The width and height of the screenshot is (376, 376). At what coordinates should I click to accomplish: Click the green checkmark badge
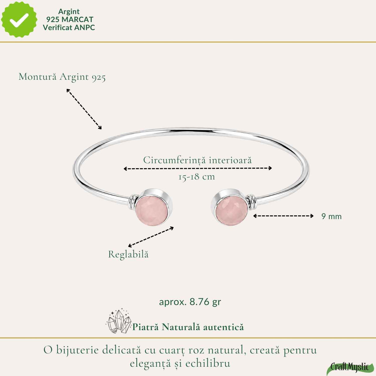click(x=19, y=20)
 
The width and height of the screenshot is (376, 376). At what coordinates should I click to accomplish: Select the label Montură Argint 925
click(x=62, y=77)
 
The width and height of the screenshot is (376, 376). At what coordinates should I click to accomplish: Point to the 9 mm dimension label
click(x=331, y=216)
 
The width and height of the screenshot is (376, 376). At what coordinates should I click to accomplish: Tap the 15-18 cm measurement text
click(x=196, y=177)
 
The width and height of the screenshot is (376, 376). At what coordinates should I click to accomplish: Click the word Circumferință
click(x=175, y=160)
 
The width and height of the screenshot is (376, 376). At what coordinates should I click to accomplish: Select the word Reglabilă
click(x=129, y=254)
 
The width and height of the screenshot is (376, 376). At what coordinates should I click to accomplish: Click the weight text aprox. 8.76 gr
click(x=190, y=302)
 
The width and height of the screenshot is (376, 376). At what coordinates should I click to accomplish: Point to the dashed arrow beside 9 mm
click(x=283, y=216)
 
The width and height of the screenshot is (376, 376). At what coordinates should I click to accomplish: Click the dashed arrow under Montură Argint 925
click(x=84, y=109)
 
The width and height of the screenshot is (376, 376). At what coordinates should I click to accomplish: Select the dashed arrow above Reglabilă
click(x=151, y=237)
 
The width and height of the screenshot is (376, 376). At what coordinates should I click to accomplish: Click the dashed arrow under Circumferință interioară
click(x=198, y=168)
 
